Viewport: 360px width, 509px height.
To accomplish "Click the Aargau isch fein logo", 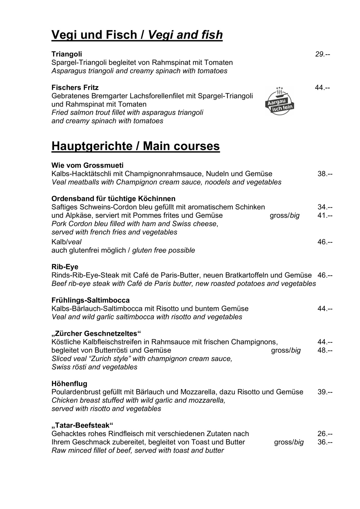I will point(280,101).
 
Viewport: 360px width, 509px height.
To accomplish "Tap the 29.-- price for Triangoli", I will point(323,54).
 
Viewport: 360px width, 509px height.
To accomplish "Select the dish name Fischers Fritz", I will point(75,87).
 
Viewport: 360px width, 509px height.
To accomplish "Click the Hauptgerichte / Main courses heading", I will point(136,146).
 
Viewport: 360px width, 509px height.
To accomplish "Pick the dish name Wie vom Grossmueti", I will point(87,165).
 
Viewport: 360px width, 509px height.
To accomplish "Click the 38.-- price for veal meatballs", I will point(325,174).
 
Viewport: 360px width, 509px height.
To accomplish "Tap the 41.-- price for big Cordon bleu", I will point(325,215).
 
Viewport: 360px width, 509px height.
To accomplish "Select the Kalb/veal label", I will point(66,242).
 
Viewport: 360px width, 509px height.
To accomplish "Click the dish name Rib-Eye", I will point(65,267).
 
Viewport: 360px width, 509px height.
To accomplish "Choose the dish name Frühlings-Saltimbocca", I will point(90,300).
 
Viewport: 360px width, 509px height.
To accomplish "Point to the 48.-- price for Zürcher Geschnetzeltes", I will point(325,350).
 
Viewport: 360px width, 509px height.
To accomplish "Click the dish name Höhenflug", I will point(69,384).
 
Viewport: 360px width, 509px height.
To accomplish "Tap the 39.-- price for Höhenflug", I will point(325,392).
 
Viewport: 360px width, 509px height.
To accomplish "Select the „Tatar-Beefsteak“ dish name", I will point(82,425).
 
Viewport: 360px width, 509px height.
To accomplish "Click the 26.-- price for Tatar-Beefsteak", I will point(325,434).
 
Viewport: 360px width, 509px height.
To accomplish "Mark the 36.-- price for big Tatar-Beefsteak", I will point(325,442).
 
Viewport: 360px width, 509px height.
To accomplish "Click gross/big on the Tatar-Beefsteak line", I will point(289,442).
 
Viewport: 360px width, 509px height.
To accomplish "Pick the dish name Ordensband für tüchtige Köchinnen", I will point(113,199).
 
